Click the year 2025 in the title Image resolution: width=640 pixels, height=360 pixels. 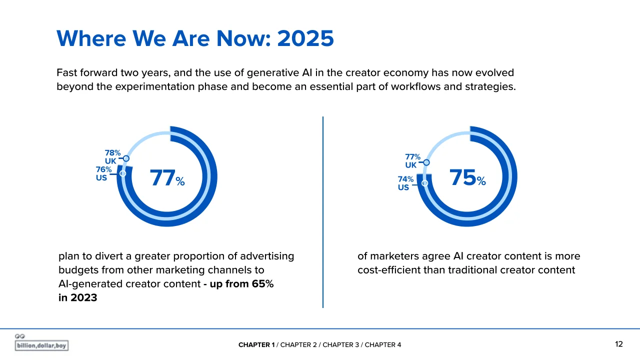pyautogui.click(x=305, y=38)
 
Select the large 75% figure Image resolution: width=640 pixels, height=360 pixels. pyautogui.click(x=467, y=177)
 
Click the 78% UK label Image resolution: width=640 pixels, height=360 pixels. pyautogui.click(x=112, y=157)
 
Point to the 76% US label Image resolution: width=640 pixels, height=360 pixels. pyautogui.click(x=103, y=173)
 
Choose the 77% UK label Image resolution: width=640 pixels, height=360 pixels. pyautogui.click(x=412, y=161)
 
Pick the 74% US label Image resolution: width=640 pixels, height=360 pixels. pyautogui.click(x=405, y=183)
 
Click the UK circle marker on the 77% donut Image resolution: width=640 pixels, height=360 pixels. pyautogui.click(x=126, y=158)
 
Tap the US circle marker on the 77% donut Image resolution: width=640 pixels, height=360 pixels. pyautogui.click(x=123, y=173)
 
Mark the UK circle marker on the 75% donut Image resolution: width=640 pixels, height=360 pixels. pyautogui.click(x=426, y=162)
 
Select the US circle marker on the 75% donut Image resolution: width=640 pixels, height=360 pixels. pyautogui.click(x=425, y=183)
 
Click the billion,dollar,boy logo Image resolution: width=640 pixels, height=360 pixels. pyautogui.click(x=41, y=342)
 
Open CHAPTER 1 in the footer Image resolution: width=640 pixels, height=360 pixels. pyautogui.click(x=256, y=345)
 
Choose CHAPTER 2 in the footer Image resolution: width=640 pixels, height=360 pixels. pyautogui.click(x=298, y=345)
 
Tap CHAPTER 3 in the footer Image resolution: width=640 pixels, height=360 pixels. pyautogui.click(x=341, y=345)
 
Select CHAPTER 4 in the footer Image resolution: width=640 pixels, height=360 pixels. pyautogui.click(x=383, y=345)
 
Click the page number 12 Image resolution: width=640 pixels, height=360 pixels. pyautogui.click(x=619, y=344)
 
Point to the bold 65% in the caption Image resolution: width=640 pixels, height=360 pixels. pyautogui.click(x=263, y=283)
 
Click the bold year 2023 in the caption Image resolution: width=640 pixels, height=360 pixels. pyautogui.click(x=83, y=297)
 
